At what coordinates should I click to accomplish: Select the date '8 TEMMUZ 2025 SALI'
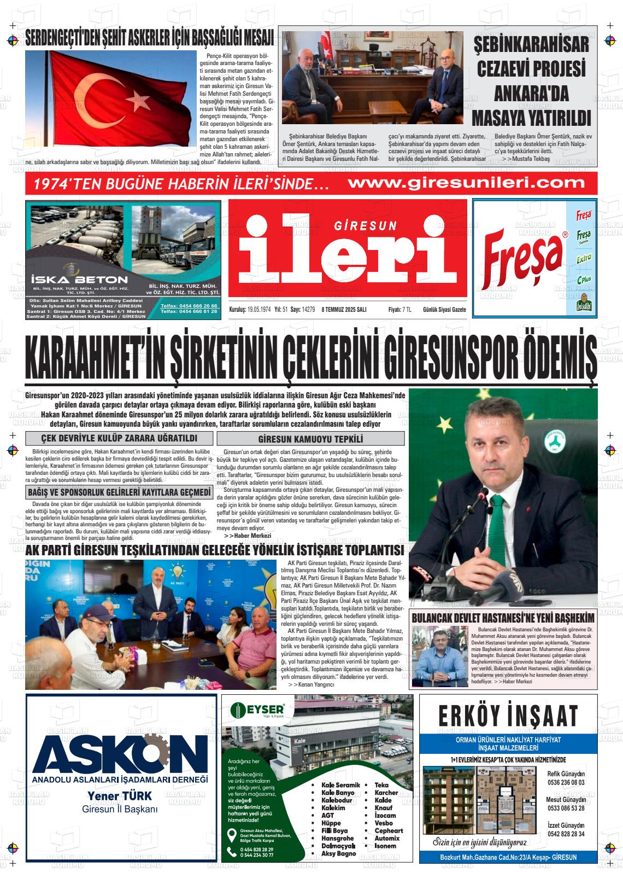[x=344, y=310]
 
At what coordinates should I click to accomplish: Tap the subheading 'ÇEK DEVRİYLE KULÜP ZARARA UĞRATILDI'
[x=119, y=438]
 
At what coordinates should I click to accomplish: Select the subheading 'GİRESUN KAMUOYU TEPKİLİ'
[x=310, y=439]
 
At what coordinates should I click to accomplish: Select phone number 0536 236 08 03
[x=566, y=782]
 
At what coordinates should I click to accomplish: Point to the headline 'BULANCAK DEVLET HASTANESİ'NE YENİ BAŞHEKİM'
[x=503, y=618]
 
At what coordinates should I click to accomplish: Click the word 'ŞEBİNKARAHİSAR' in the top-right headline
[x=532, y=44]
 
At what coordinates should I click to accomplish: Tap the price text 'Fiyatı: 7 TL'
[x=399, y=310]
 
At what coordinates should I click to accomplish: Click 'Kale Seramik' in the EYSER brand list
[x=340, y=785]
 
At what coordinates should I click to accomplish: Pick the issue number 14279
[x=308, y=310]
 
